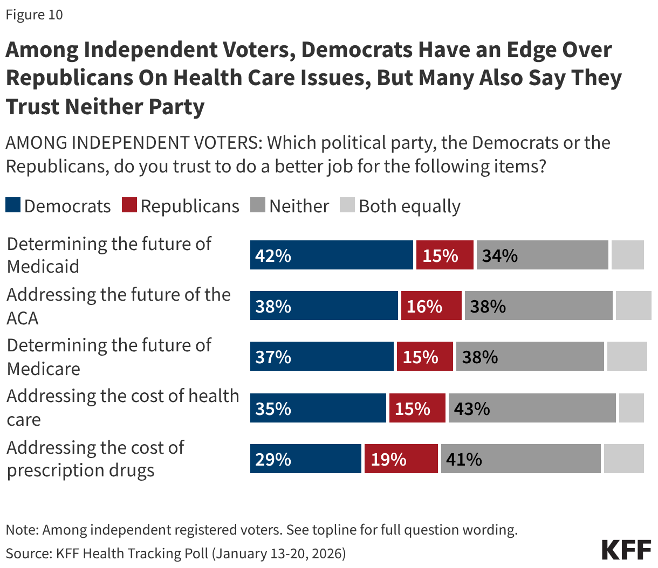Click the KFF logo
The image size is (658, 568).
tap(626, 550)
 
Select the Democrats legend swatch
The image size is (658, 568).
tap(13, 205)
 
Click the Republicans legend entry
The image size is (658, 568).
tap(181, 206)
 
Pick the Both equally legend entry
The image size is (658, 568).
tap(400, 206)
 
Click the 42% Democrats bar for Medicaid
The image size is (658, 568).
tap(331, 255)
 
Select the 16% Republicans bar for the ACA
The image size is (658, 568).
tap(431, 306)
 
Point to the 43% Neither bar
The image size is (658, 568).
tap(532, 408)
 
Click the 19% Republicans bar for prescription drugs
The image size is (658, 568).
tap(401, 459)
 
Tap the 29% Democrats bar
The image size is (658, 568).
tap(305, 459)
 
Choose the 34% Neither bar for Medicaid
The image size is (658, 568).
tap(542, 255)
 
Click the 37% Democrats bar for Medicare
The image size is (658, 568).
tap(321, 357)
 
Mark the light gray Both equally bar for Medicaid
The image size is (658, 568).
tap(627, 255)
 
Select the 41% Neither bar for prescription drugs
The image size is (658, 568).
tap(520, 459)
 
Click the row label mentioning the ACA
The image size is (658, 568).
tap(119, 306)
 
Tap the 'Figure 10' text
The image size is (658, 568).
tap(35, 15)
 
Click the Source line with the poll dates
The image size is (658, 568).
tap(176, 553)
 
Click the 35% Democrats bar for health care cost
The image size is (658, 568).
tap(318, 408)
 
